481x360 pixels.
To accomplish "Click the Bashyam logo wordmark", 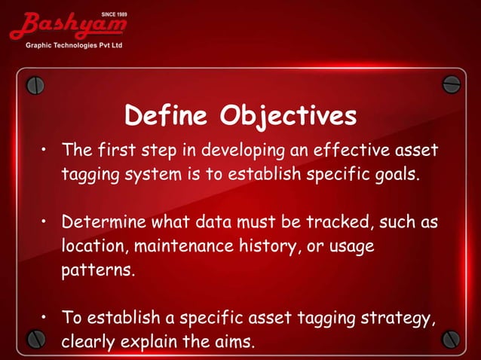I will click(x=68, y=26).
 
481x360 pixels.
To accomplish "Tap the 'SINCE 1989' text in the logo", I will click(x=113, y=14).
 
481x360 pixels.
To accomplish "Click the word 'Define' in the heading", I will click(x=167, y=117).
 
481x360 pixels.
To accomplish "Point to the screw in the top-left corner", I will click(x=35, y=84).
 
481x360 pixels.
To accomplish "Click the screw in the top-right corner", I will click(x=451, y=84).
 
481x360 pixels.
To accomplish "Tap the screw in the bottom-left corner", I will click(x=35, y=338).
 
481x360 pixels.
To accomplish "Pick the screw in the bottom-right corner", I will click(x=451, y=338).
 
